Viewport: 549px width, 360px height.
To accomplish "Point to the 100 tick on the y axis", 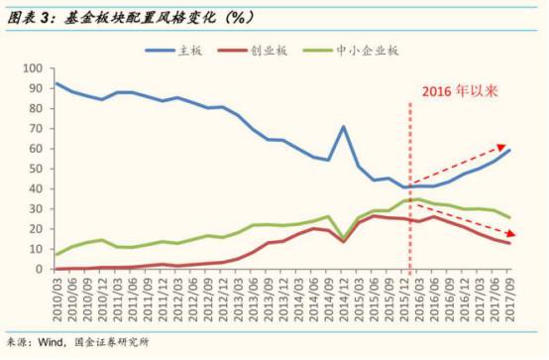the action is click(x=33, y=68).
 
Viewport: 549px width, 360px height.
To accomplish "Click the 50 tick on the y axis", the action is click(x=37, y=169).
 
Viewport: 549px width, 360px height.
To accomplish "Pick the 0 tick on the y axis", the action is click(x=40, y=269).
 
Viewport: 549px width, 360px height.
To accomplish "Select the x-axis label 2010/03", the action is click(x=56, y=300).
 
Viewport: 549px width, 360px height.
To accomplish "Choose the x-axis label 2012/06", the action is click(x=193, y=300).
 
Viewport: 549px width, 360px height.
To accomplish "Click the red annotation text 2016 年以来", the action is click(x=460, y=91).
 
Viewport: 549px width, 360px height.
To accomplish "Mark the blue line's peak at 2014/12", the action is click(x=344, y=126).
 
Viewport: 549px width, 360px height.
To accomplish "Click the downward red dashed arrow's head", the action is click(x=511, y=233).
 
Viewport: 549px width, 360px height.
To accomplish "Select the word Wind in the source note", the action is click(x=51, y=342).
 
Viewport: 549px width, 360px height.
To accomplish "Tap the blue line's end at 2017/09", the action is click(x=509, y=150).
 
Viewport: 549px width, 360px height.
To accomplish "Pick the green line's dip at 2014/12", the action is click(x=344, y=238).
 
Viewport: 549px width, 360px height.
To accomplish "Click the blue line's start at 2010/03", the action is click(x=56, y=83).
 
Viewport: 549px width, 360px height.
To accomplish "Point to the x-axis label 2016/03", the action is click(x=420, y=300).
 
